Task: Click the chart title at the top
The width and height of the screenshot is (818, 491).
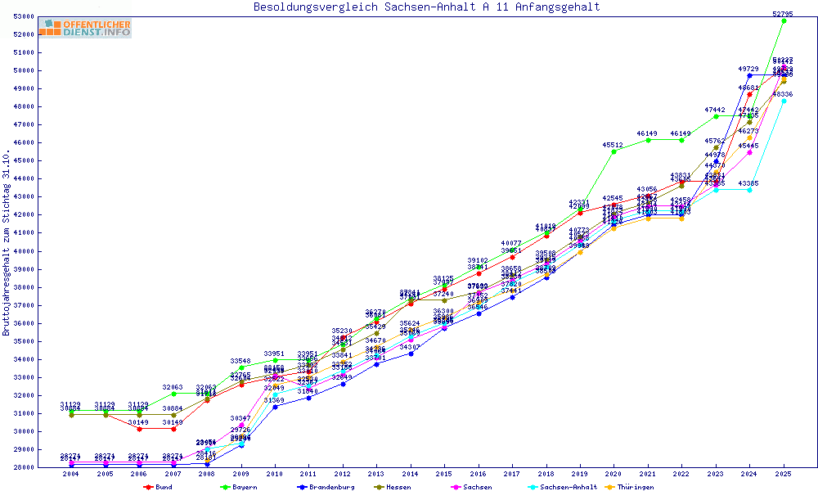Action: point(426,7)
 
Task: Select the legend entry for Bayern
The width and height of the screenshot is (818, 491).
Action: point(240,487)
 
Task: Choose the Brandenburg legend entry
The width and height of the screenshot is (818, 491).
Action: point(326,487)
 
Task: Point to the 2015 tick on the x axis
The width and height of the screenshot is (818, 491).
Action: point(444,474)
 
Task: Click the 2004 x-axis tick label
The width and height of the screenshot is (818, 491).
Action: point(71,474)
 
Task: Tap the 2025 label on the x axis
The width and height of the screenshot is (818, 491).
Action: point(784,474)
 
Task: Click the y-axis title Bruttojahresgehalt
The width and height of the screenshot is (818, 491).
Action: point(7,242)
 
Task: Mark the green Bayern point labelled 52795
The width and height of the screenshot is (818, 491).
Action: point(784,20)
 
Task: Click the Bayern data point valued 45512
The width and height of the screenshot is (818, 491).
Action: point(613,151)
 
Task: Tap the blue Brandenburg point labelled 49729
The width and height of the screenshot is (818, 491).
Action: point(749,75)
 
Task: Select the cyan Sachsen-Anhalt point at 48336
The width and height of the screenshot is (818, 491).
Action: point(784,101)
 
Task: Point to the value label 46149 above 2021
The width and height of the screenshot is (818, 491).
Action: point(647,133)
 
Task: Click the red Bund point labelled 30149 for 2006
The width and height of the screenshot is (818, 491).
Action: point(139,429)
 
